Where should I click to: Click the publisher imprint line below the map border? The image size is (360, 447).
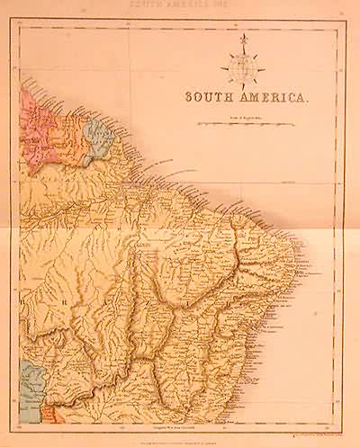(180, 434)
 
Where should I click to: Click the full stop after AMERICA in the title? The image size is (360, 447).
(309, 98)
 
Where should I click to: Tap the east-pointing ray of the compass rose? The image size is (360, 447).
(263, 67)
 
